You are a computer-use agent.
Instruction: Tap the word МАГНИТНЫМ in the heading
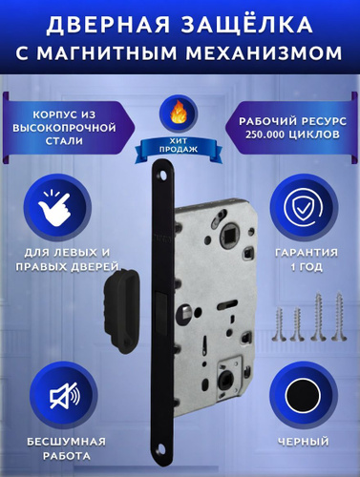107,53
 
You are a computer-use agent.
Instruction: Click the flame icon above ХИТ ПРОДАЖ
179,114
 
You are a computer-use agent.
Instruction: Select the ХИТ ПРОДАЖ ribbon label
179,145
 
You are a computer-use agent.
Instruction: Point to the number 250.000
264,135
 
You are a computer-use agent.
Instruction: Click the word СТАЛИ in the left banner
64,141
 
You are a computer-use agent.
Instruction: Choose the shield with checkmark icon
303,207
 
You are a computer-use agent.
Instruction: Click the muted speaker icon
65,396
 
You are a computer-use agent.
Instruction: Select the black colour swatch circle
303,396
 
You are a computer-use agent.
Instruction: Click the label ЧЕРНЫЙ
303,442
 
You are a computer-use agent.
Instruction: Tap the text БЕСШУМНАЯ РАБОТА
66,449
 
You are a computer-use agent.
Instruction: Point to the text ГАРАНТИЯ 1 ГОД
307,259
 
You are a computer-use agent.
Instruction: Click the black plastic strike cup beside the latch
121,312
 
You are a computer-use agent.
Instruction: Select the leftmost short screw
280,324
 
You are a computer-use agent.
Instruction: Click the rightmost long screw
338,318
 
